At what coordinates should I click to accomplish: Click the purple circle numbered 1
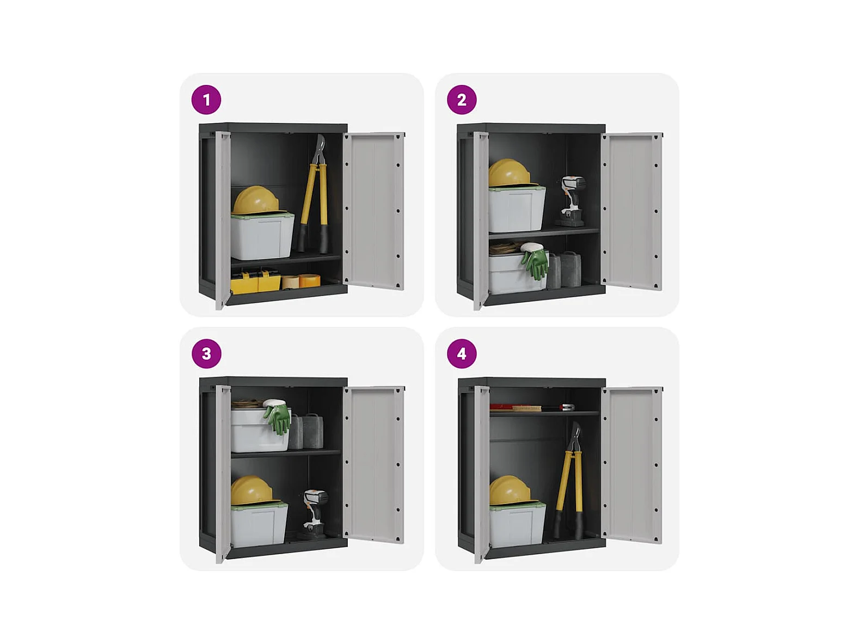coord(206,100)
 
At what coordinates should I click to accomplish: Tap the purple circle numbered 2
coord(462,100)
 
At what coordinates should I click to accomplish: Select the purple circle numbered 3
coord(206,354)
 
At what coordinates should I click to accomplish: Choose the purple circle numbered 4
coord(462,354)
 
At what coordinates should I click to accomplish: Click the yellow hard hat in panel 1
coord(256,200)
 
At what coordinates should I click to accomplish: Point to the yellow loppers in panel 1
coord(314,194)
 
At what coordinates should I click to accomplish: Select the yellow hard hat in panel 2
coord(510,173)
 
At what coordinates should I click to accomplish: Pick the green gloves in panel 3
coord(278,417)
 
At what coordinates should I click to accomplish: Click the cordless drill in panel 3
coord(314,513)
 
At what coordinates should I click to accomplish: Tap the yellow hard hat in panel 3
coord(252,490)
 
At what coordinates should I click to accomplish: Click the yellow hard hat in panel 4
coord(511,490)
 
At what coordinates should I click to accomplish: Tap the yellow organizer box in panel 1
coord(255,281)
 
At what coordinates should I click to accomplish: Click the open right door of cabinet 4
coord(631,464)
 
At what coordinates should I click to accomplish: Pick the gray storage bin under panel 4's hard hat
coord(517,525)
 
